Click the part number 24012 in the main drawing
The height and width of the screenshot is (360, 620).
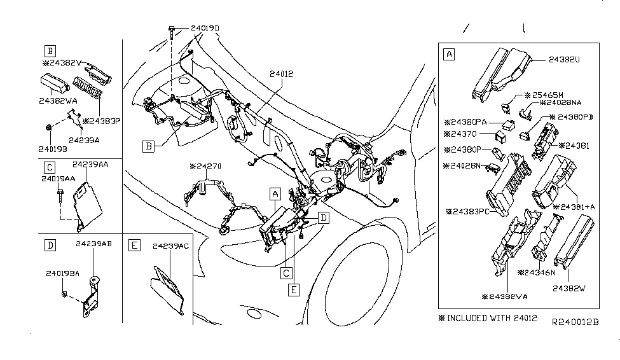tap(280, 74)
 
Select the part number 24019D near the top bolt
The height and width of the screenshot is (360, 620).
tap(204, 29)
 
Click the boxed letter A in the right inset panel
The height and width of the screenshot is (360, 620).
tap(449, 55)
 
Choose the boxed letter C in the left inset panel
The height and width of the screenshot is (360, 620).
tap(48, 167)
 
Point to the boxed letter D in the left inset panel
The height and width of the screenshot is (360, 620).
tap(48, 244)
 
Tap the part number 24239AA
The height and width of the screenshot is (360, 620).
tap(89, 164)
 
